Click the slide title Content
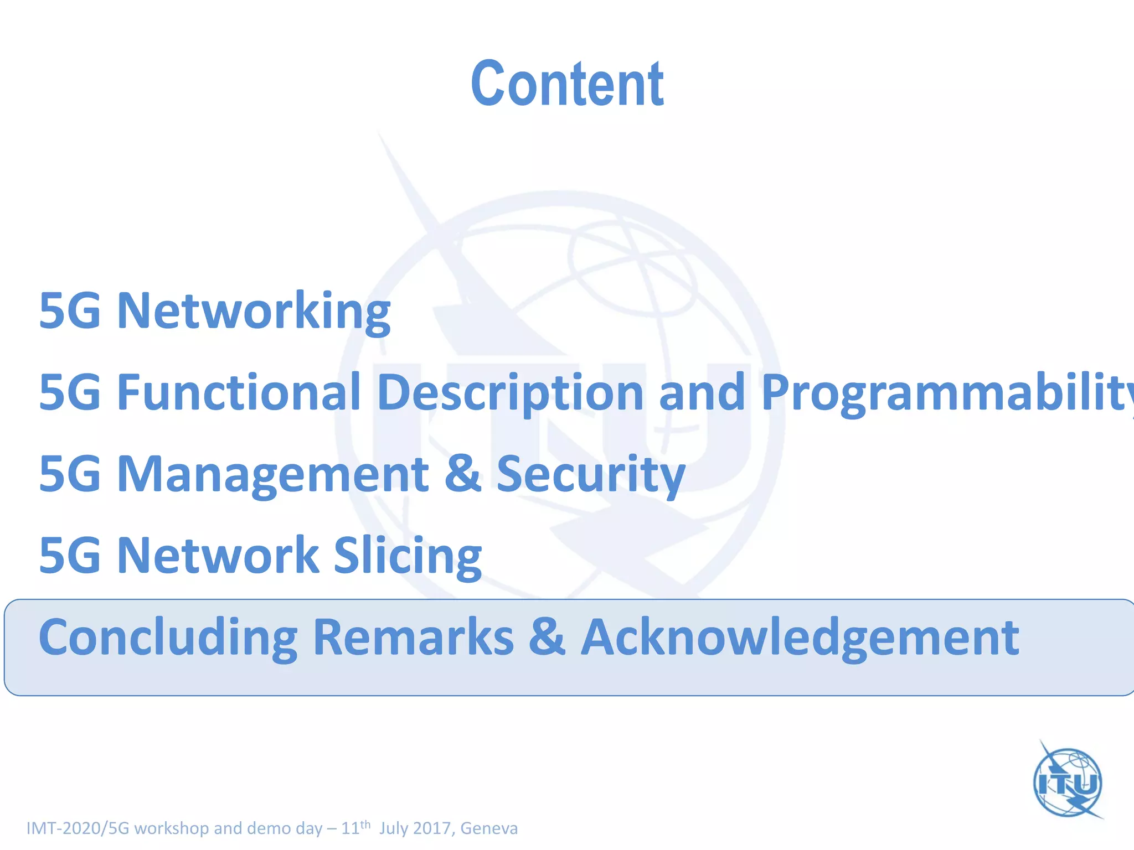567,84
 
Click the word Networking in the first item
254,312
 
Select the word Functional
239,392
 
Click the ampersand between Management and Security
462,473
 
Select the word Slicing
408,556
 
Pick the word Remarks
413,637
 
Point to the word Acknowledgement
800,638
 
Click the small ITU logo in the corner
1068,781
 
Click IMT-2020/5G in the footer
78,828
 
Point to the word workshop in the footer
172,828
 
